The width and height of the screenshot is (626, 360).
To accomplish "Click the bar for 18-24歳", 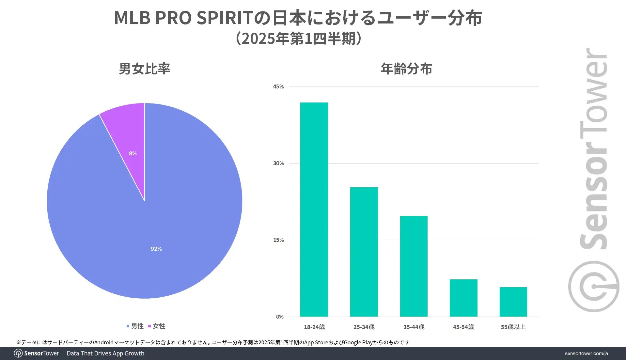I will point(314,209).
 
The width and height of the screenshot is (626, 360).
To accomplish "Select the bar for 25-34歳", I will point(364,252).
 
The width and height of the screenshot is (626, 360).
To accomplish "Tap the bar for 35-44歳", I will point(414,266).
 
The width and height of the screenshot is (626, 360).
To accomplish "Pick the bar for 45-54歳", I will point(463,298).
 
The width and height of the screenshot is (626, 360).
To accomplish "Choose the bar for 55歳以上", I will point(513,302).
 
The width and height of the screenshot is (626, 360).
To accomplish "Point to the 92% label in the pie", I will point(156,249).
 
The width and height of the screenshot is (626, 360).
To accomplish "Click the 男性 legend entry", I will point(135,326).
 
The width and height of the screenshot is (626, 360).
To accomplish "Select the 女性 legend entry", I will point(157,326).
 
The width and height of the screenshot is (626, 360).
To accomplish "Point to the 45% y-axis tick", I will point(278,86).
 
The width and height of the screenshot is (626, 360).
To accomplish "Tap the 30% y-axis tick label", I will point(278,163).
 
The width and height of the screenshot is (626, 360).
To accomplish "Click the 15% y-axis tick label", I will point(278,240).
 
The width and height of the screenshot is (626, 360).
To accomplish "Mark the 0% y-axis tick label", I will point(280,317).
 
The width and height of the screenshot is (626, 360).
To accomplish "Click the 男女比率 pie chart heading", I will point(144,69).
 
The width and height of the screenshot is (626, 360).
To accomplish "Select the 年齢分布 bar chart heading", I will point(406,69).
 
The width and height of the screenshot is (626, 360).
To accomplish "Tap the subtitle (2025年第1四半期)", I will point(298,39).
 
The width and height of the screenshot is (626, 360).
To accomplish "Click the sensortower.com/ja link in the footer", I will point(586,353).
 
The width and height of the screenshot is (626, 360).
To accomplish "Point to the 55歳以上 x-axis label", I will point(513,327).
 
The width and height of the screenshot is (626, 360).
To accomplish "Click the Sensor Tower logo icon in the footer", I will point(18,353).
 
